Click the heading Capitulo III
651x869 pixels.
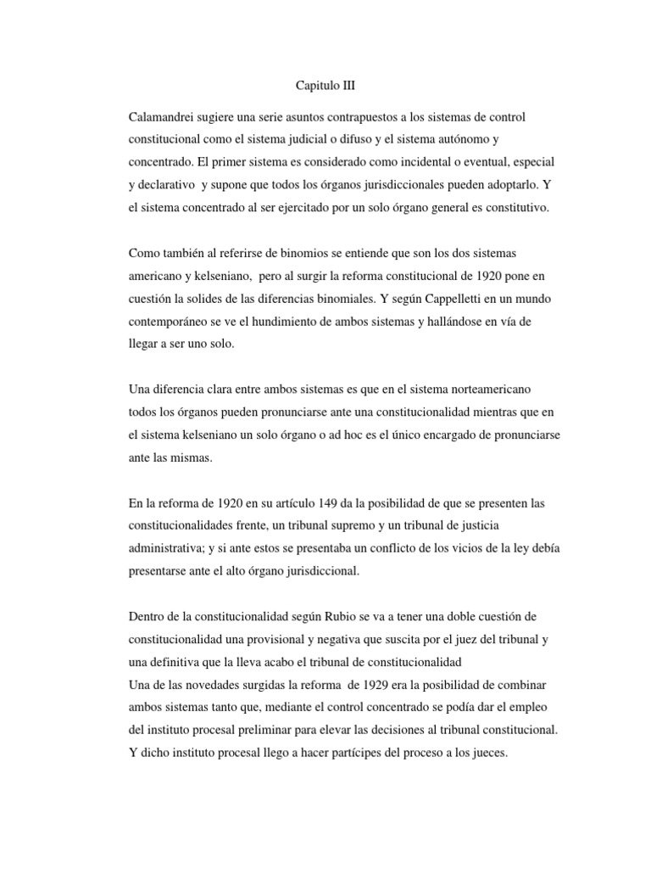coord(326,86)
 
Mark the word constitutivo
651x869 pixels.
coord(519,206)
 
